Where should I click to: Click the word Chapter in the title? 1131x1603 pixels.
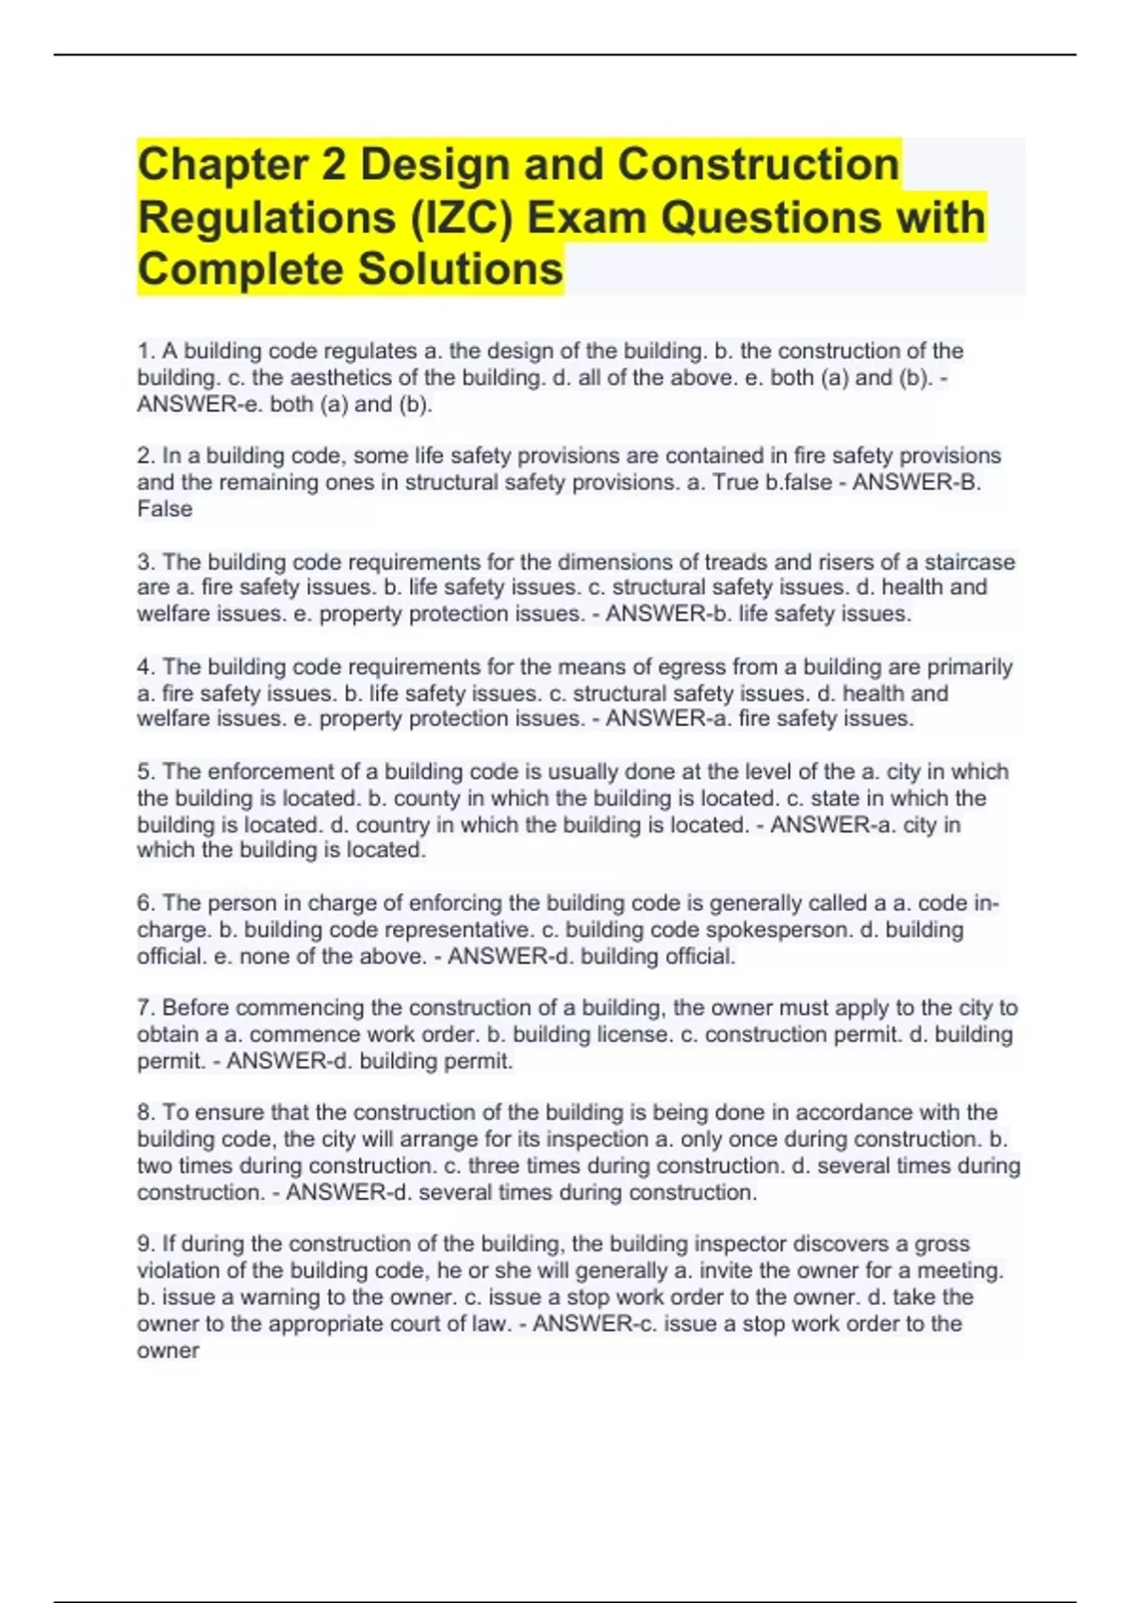pos(222,165)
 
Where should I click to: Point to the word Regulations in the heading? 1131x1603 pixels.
pos(267,218)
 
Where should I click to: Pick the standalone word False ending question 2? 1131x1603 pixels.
pos(165,509)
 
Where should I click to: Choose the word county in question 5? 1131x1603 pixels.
pos(426,798)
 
